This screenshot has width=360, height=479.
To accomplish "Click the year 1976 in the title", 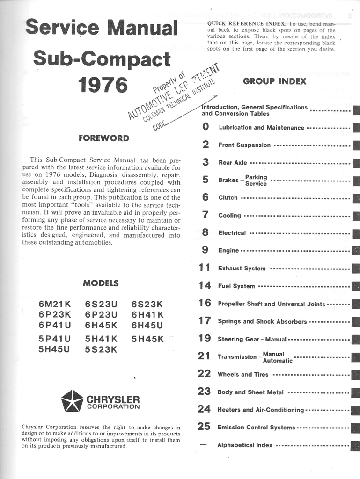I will pyautogui.click(x=103, y=85).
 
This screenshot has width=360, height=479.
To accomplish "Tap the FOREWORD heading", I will pyautogui.click(x=103, y=138).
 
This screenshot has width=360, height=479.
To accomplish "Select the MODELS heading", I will pyautogui.click(x=101, y=283).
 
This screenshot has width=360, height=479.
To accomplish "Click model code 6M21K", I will pyautogui.click(x=54, y=304).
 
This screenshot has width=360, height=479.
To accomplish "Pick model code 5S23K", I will pyautogui.click(x=101, y=349).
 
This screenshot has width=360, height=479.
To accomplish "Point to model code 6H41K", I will pyautogui.click(x=147, y=314).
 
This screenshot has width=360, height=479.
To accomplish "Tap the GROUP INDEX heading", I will pyautogui.click(x=274, y=81).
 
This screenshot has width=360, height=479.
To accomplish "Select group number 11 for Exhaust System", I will pyautogui.click(x=205, y=268).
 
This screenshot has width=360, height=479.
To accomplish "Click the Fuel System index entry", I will pyautogui.click(x=236, y=286).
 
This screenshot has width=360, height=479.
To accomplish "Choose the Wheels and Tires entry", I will pyautogui.click(x=243, y=374).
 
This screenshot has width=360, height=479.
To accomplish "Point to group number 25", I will pyautogui.click(x=204, y=427).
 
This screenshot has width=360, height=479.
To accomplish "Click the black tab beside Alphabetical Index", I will pyautogui.click(x=356, y=445).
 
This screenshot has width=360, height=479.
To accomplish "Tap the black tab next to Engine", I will pyautogui.click(x=356, y=251).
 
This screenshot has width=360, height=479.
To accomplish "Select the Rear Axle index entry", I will pyautogui.click(x=233, y=163).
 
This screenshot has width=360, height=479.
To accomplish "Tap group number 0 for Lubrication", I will pyautogui.click(x=206, y=127).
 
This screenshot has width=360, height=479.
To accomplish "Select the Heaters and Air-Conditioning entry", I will pyautogui.click(x=260, y=410).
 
